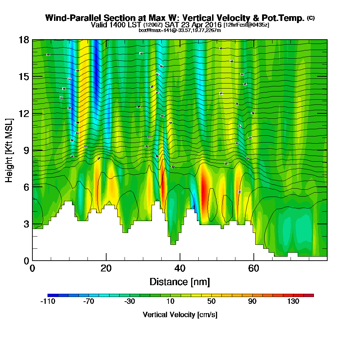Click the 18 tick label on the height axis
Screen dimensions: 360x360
[x=23, y=40]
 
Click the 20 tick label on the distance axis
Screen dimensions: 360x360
[x=106, y=268]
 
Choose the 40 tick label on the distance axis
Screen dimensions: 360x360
[x=180, y=268]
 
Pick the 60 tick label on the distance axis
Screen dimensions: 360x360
[x=253, y=268]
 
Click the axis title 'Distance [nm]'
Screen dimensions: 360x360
[x=180, y=281]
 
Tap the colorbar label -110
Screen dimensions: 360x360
[x=48, y=302]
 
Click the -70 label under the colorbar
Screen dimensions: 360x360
[x=89, y=302]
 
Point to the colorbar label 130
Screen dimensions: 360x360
[x=293, y=302]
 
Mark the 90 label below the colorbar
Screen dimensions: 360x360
[x=252, y=302]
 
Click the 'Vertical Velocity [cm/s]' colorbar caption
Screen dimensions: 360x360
[x=180, y=315]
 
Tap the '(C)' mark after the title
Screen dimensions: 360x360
[x=311, y=18]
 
